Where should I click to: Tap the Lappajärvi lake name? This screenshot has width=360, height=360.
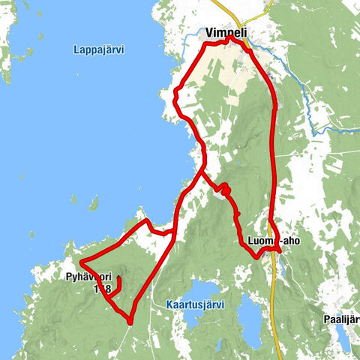tap(99, 50)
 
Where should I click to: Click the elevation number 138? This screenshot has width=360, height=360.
tap(102, 288)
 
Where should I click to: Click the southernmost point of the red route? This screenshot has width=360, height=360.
tap(130, 322)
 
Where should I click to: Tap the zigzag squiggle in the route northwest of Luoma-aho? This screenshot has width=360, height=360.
tap(223, 190)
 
